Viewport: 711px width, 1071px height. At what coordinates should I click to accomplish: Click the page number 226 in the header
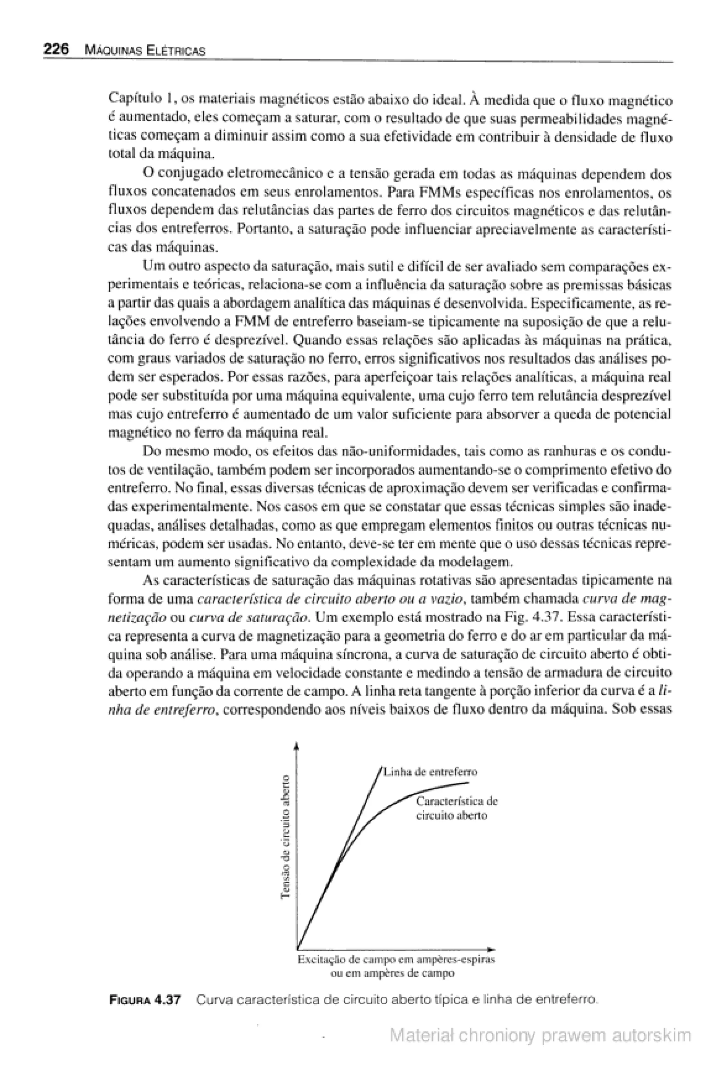click(56, 49)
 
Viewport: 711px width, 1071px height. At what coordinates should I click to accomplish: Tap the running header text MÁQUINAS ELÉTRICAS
click(145, 50)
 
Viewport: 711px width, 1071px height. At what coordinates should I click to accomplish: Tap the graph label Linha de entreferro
click(430, 772)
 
